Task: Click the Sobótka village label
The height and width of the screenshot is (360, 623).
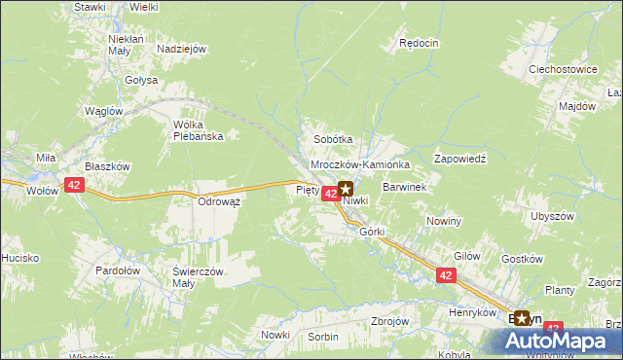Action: [x=332, y=139]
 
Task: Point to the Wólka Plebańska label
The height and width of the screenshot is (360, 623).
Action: [x=198, y=130]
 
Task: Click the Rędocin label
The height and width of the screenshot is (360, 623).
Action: [x=420, y=44]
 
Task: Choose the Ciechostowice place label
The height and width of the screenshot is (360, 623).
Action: [x=562, y=70]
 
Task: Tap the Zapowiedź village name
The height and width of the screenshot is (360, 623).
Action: [x=459, y=157]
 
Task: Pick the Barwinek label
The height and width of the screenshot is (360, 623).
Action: [x=406, y=186]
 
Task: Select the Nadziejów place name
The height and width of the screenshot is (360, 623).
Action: [x=182, y=49]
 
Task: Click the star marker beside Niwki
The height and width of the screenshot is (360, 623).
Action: [x=345, y=189]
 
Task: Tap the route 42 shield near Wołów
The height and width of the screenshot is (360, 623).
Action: [x=75, y=184]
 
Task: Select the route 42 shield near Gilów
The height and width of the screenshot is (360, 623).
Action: [x=446, y=276]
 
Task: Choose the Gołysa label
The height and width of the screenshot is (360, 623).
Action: [x=140, y=80]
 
